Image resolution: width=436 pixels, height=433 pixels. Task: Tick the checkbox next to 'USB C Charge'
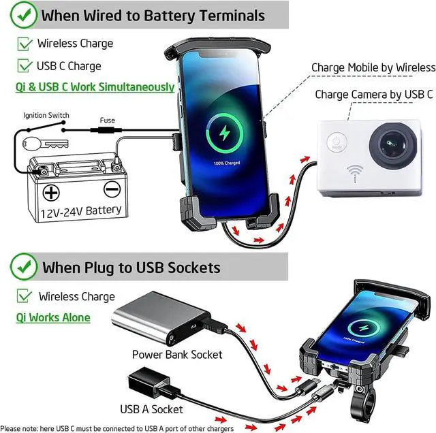tap(25, 66)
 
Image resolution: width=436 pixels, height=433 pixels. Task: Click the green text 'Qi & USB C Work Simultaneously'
tap(95, 87)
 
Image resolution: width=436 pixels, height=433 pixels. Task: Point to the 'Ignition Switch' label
tap(46, 116)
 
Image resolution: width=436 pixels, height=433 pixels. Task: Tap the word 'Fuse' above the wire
tap(108, 121)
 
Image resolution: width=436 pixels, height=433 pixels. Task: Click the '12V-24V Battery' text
tap(80, 210)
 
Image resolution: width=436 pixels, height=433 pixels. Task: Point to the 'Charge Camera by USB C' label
tap(373, 95)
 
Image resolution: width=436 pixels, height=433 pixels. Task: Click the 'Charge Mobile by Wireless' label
tap(373, 67)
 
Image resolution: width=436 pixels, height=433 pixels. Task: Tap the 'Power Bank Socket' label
tap(176, 354)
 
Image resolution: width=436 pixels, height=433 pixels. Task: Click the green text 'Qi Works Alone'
tap(52, 317)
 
